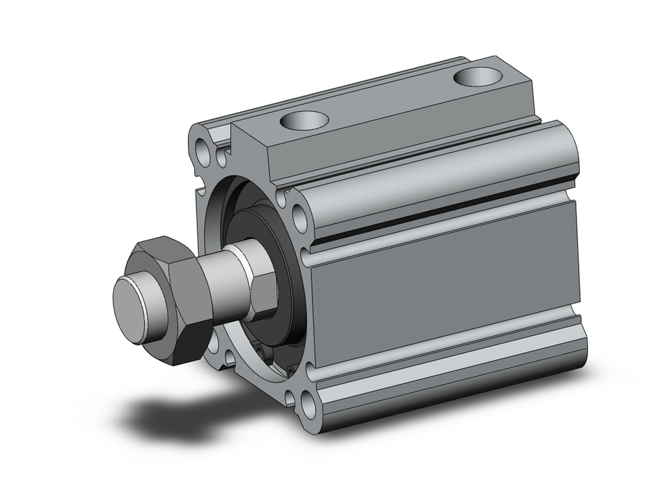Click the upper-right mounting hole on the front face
click(299, 218)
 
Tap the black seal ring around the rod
click(285, 272)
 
